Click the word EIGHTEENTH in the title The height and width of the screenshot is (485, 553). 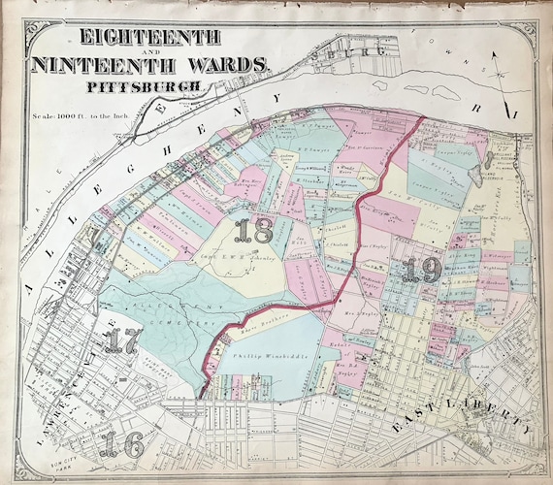coord(135,40)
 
